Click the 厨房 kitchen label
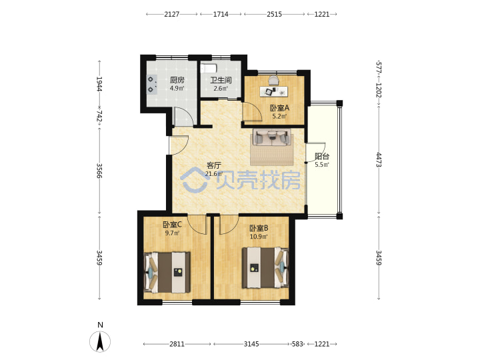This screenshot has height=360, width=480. click(x=177, y=80)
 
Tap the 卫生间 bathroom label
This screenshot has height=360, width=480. click(x=221, y=80)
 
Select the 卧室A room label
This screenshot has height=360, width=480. click(x=279, y=108)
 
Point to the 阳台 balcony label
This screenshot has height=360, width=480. click(x=322, y=157)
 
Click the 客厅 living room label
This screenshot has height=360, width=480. click(x=213, y=165)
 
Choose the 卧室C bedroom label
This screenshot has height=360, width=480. click(x=173, y=225)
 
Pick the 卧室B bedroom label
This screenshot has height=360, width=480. click(x=259, y=228)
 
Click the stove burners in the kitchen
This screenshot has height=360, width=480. click(x=151, y=84)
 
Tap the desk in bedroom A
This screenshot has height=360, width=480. click(x=274, y=91)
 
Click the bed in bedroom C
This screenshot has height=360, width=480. click(x=167, y=272)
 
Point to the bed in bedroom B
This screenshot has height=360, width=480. click(x=265, y=268)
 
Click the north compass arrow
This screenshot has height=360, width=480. click(x=100, y=341)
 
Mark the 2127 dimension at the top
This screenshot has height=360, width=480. click(x=172, y=14)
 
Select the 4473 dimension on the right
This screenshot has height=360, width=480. click(x=379, y=159)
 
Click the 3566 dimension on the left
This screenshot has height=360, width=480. click(x=99, y=171)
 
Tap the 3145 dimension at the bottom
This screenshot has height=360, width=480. click(x=251, y=344)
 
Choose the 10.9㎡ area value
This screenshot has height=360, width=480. click(x=259, y=237)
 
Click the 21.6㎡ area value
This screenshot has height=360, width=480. click(x=214, y=174)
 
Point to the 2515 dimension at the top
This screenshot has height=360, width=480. click(x=274, y=14)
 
